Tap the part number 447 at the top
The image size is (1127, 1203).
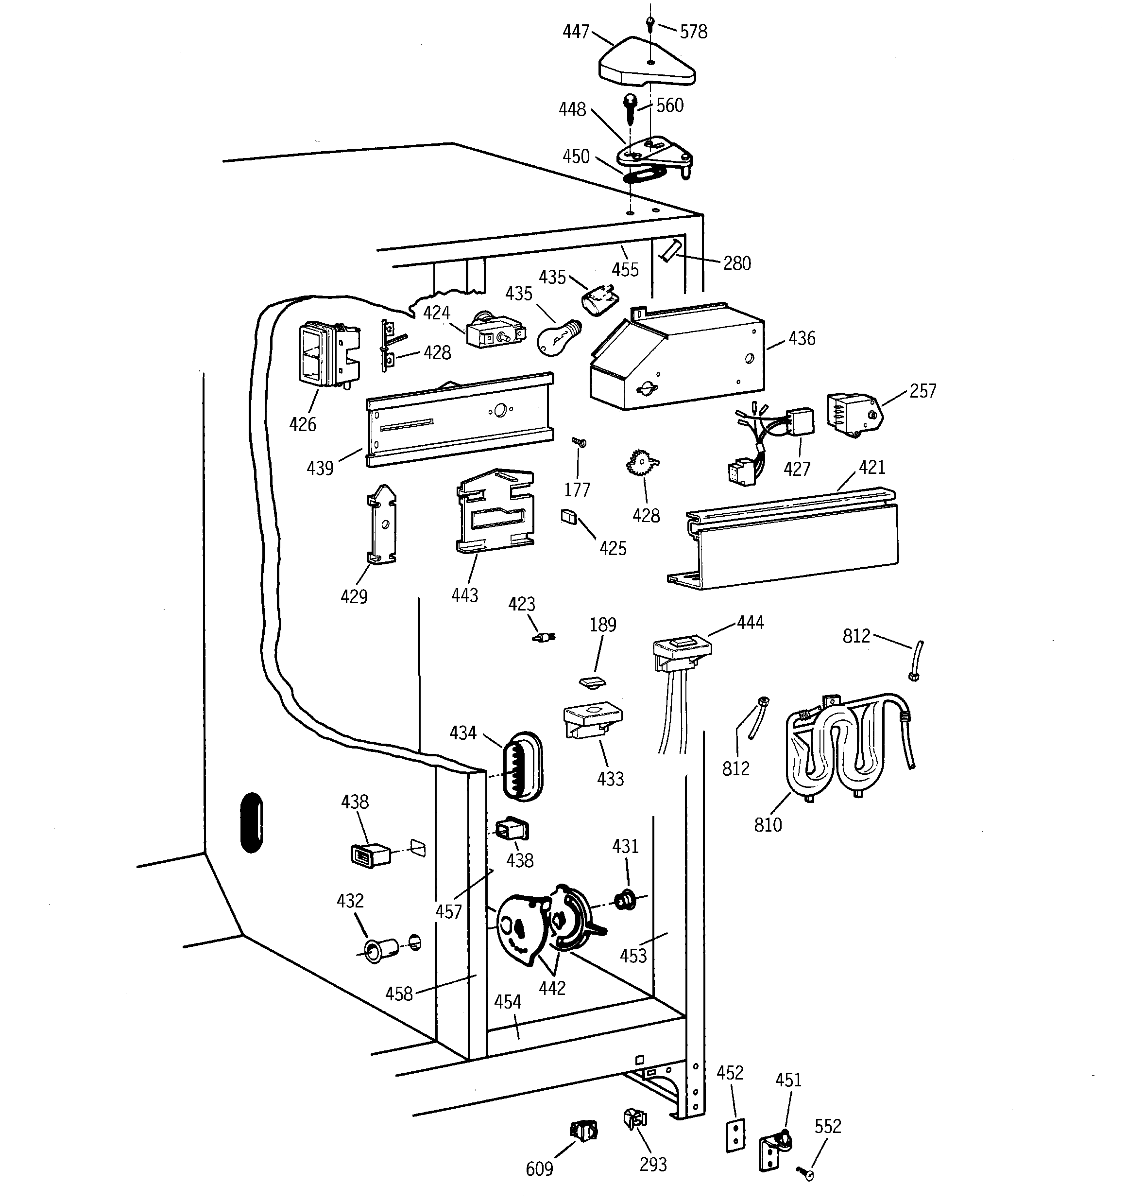(575, 32)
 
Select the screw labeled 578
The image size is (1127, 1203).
(649, 24)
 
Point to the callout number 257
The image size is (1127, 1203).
(922, 391)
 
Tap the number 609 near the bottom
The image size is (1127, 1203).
(539, 1168)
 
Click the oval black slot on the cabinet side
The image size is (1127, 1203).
(252, 822)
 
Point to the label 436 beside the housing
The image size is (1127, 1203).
(802, 338)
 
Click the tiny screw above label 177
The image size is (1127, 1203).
(579, 442)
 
